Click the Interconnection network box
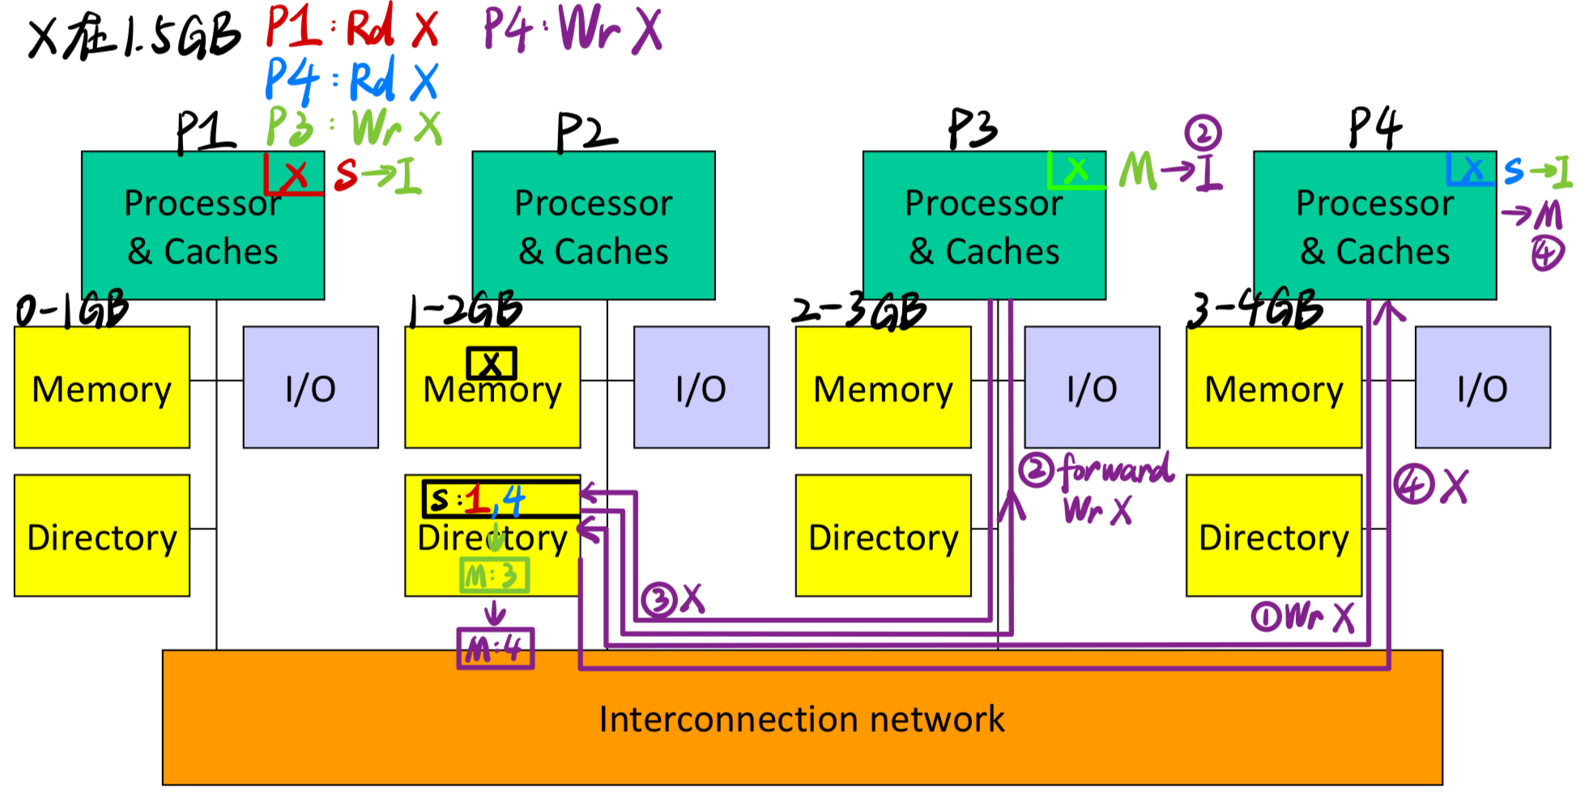point(802,718)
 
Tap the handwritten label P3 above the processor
point(973,130)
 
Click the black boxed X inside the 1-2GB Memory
point(491,364)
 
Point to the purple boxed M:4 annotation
point(495,648)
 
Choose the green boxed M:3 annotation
point(494,576)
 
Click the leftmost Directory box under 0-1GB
point(102,536)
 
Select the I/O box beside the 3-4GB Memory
point(1482,387)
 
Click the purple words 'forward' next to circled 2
point(1117,469)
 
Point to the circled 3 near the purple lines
point(658,601)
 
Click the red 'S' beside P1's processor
point(346,174)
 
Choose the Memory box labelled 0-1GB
point(102,387)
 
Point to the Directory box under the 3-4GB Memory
point(1273,536)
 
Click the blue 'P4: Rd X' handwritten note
point(352,80)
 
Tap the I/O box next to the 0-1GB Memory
point(310,387)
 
